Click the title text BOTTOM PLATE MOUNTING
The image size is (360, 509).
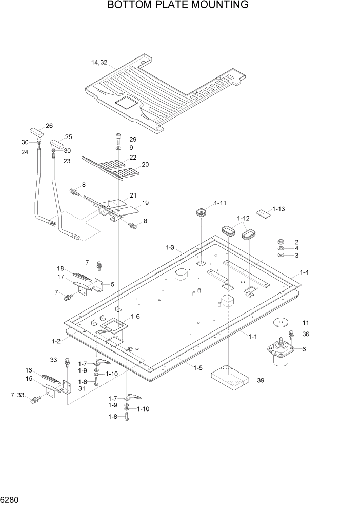tap(178, 6)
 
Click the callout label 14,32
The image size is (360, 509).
tap(99, 63)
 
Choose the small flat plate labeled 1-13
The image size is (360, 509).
tap(263, 213)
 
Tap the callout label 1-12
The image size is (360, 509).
tap(243, 218)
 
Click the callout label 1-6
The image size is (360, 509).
tap(136, 317)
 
